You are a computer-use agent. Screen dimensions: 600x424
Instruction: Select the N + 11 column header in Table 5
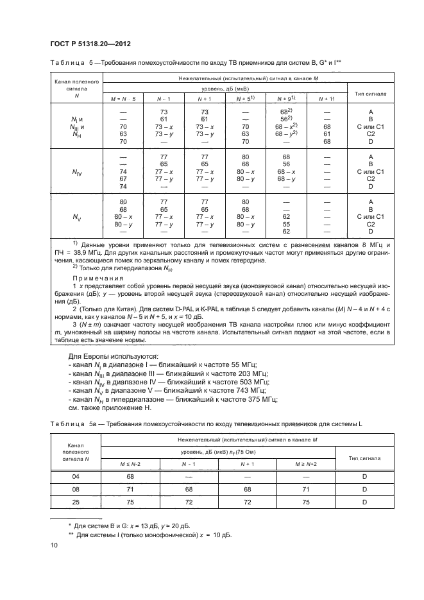pos(327,98)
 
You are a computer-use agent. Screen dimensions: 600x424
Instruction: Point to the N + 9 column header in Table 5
pos(286,98)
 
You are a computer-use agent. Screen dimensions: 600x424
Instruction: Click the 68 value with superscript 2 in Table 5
pos(286,112)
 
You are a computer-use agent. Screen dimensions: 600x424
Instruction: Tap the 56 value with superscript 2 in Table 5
pos(286,119)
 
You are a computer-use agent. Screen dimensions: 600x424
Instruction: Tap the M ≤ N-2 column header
pos(130,463)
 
